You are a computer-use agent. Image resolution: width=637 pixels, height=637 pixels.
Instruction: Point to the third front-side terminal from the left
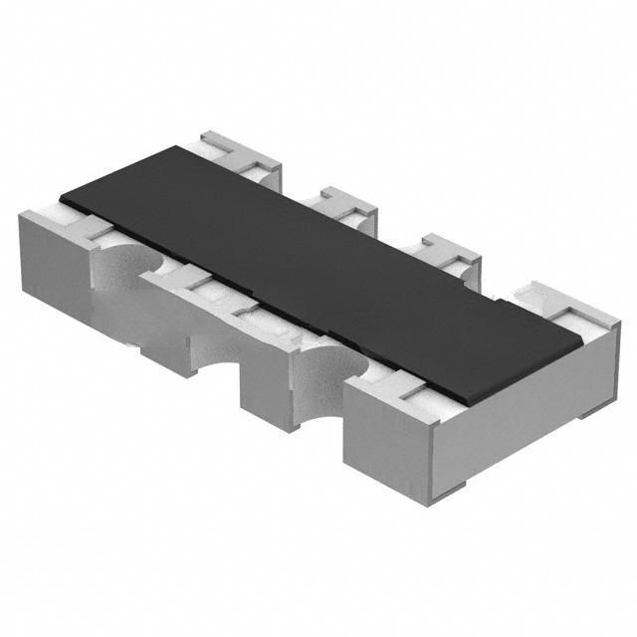269,368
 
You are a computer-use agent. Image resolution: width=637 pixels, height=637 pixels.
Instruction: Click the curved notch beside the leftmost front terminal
124,269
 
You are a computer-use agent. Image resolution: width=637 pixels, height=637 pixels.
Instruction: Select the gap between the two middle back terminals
398,234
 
